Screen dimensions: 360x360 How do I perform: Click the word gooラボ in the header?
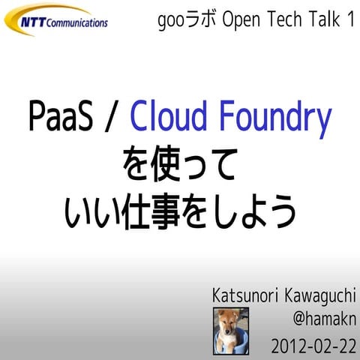click(183, 21)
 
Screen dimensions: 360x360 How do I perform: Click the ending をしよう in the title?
click(250, 211)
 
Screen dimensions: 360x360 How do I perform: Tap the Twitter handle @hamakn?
click(323, 321)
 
